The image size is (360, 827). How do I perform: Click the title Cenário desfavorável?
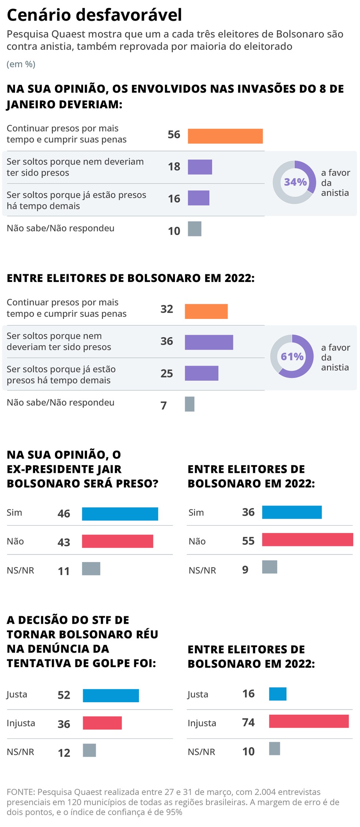[x=94, y=15]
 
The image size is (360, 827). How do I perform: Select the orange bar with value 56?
[x=225, y=136]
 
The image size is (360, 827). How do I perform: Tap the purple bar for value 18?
[x=200, y=167]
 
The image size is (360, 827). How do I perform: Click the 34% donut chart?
[x=294, y=182]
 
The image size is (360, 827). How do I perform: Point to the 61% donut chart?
[x=292, y=356]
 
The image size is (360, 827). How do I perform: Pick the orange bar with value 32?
[x=206, y=311]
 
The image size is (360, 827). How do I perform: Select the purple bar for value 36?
[x=209, y=342]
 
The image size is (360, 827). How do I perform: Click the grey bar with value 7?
[x=190, y=404]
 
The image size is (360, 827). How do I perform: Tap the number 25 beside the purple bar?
[x=166, y=373]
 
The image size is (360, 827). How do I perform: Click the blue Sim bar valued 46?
[x=120, y=514]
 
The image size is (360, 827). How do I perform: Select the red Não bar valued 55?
[x=307, y=540]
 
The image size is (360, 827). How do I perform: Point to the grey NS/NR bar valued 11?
[x=91, y=568]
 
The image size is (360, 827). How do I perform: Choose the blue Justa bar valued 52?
[x=110, y=695]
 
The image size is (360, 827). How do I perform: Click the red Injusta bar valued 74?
[x=308, y=721]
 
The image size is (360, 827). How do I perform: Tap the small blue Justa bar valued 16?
[x=277, y=693]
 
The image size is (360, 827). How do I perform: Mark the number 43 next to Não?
[x=64, y=542]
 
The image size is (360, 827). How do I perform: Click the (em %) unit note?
[x=21, y=64]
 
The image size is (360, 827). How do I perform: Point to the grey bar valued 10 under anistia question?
[x=194, y=229]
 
